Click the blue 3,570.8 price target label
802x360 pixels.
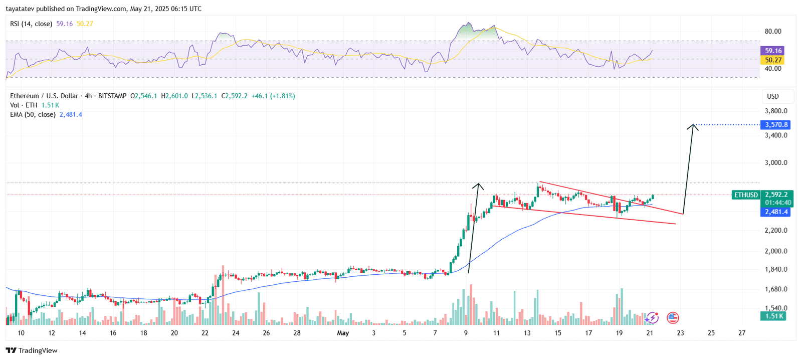[776, 124]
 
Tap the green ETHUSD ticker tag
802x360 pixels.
[746, 195]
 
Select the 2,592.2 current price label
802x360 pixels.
[776, 195]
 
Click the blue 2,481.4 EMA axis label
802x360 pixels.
[776, 212]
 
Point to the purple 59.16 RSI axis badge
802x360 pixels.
[773, 51]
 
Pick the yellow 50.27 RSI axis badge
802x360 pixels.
[773, 60]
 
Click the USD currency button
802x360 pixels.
[773, 96]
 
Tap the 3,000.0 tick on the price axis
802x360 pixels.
[776, 162]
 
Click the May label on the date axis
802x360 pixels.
[343, 333]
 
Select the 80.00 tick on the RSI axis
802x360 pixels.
[772, 31]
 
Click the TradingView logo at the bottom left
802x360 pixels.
[32, 350]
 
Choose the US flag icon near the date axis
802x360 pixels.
[673, 317]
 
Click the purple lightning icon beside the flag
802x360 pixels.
[652, 317]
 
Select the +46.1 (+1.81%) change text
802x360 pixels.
[273, 96]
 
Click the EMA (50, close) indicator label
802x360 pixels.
[33, 115]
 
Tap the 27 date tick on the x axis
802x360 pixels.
[742, 333]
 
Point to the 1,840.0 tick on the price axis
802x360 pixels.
[776, 269]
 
